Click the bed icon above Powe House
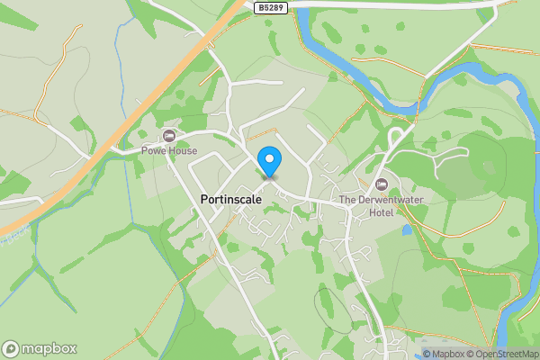click(x=167, y=136)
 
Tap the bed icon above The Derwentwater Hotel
click(x=380, y=184)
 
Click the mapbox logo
click(x=40, y=348)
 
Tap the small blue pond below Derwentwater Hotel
click(x=407, y=229)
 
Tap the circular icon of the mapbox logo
click(x=11, y=348)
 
